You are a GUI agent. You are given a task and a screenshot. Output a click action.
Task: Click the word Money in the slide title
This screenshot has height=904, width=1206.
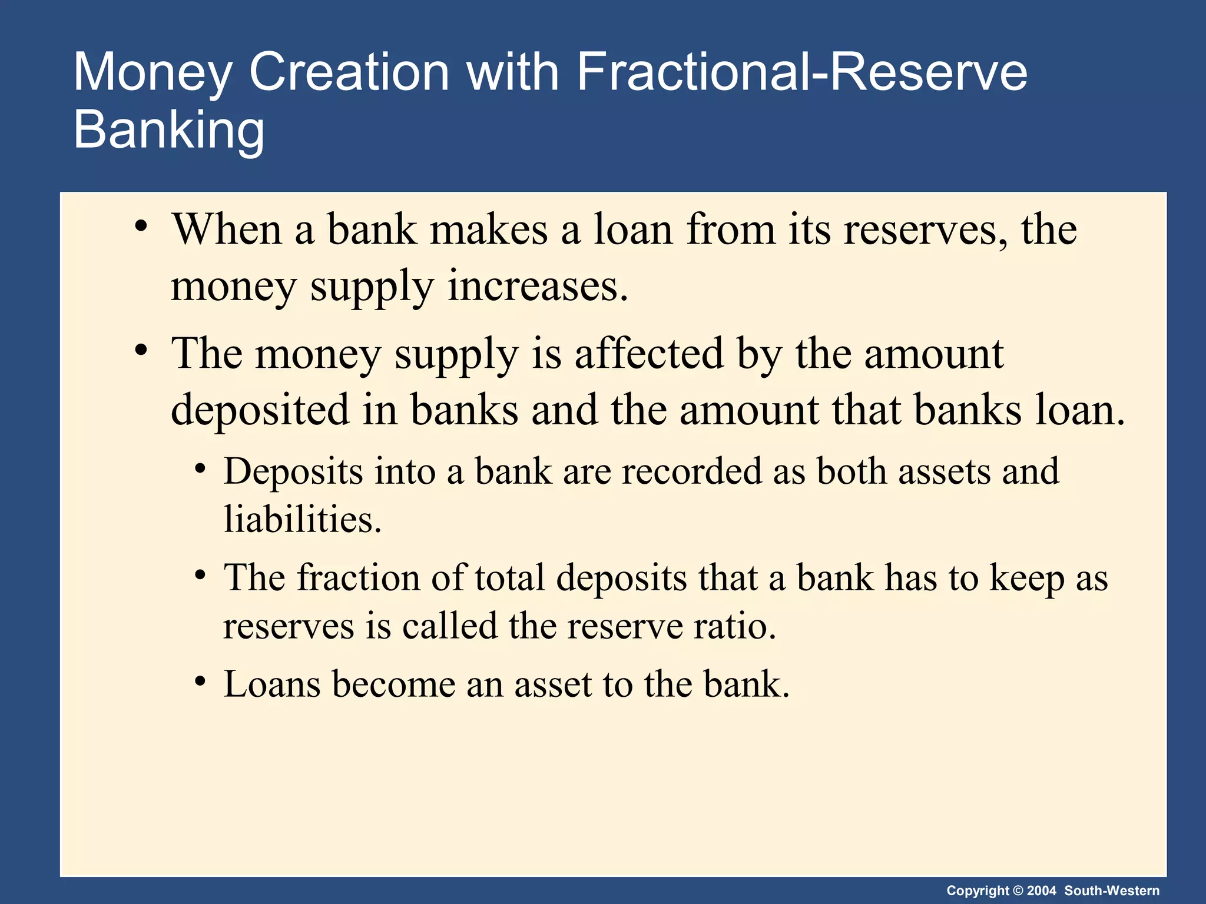point(153,73)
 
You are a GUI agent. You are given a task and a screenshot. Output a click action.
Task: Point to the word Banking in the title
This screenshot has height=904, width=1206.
point(169,131)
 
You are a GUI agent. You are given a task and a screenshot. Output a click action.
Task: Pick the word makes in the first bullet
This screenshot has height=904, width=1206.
point(489,230)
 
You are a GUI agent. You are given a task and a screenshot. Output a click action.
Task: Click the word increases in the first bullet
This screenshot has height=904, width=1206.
point(537,287)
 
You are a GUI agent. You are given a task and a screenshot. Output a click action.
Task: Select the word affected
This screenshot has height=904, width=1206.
point(648,354)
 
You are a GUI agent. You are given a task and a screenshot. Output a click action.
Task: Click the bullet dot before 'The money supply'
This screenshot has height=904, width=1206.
point(140,350)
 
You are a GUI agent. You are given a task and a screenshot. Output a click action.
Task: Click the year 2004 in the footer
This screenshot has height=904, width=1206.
point(1042,890)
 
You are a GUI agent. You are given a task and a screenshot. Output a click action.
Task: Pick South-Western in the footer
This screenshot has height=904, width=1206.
point(1112,890)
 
